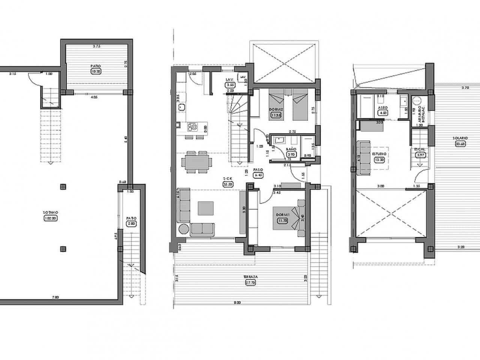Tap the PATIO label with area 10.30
click(96, 66)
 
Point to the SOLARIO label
click(460, 139)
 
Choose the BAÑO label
click(291, 149)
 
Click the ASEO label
click(383, 107)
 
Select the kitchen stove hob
click(192, 127)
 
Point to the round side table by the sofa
click(184, 229)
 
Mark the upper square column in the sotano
click(63, 186)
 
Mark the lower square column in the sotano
click(63, 248)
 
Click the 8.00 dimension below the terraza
click(237, 302)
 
